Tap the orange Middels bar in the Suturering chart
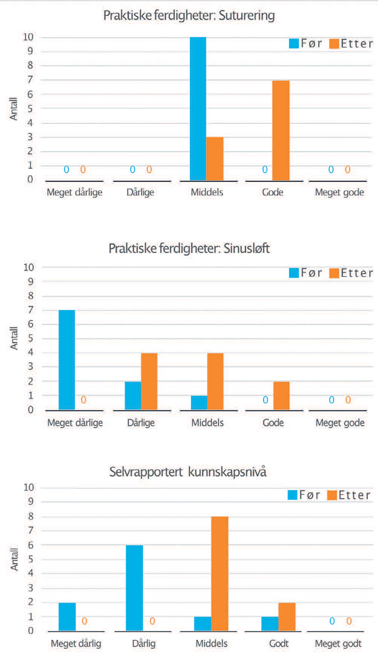[215, 158]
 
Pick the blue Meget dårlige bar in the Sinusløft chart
[67, 360]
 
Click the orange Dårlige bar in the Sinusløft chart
[149, 381]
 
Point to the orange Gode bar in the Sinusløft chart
[281, 396]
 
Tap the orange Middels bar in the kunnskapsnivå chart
[220, 574]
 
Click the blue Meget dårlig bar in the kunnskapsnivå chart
[67, 617]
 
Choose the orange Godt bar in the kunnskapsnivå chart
[287, 617]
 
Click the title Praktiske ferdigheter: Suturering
[189, 15]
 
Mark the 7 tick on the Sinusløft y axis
[31, 310]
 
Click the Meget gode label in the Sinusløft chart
[340, 423]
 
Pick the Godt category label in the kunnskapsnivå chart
[279, 644]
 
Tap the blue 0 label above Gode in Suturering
[265, 170]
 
